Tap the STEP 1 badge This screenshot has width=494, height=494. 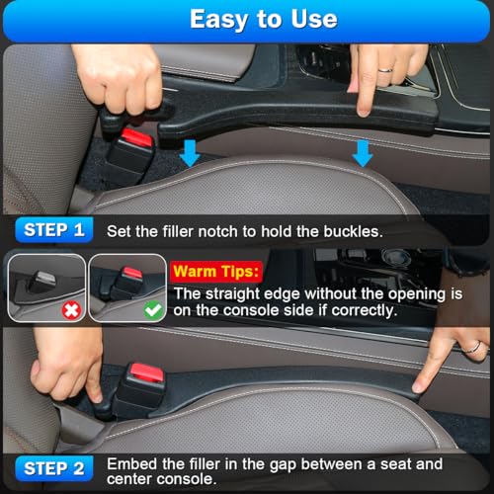(x=55, y=231)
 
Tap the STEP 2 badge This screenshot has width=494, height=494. (x=55, y=468)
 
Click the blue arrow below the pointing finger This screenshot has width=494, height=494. (x=363, y=153)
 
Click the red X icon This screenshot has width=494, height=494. (x=69, y=309)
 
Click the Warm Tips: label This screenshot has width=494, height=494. (x=215, y=269)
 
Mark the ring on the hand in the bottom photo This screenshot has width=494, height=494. (x=475, y=347)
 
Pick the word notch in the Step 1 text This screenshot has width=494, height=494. (x=213, y=231)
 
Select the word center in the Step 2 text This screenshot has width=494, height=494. (x=132, y=479)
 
